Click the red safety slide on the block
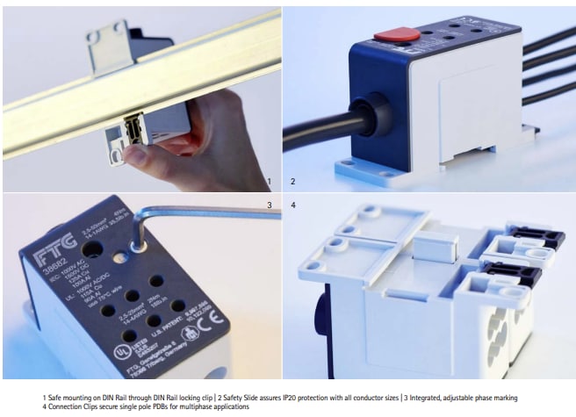(x=397, y=35)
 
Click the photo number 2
(x=293, y=183)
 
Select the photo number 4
(x=293, y=205)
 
